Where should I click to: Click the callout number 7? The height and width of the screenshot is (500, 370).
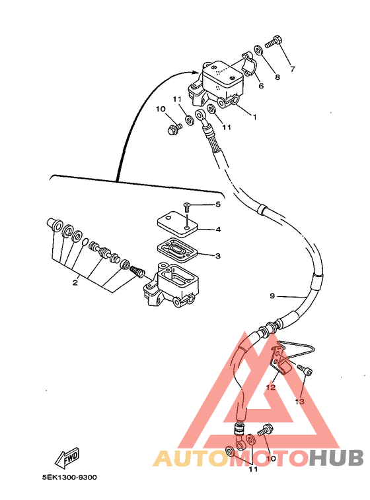tap(293, 69)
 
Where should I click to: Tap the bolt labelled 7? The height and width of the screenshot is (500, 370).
tap(273, 42)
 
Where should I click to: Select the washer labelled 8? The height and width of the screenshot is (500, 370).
tap(259, 49)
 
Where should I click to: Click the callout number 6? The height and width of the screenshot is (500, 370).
tap(262, 86)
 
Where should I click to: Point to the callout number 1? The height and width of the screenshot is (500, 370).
tap(254, 117)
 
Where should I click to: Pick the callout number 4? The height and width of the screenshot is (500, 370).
tap(218, 230)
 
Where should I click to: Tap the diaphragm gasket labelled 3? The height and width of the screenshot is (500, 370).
tap(178, 250)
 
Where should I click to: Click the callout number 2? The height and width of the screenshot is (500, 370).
tap(75, 282)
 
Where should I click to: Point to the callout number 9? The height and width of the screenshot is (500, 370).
tap(272, 296)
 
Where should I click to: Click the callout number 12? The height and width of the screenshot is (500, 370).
tap(271, 387)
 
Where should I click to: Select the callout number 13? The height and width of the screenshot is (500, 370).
tap(299, 402)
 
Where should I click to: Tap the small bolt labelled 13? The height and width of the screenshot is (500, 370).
tap(305, 370)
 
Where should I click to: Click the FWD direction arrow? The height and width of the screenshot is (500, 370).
tap(67, 459)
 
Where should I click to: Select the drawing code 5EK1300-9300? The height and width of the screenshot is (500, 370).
tap(69, 478)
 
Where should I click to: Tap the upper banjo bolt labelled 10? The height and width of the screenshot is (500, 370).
tap(174, 129)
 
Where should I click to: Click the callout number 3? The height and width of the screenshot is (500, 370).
tap(218, 256)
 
